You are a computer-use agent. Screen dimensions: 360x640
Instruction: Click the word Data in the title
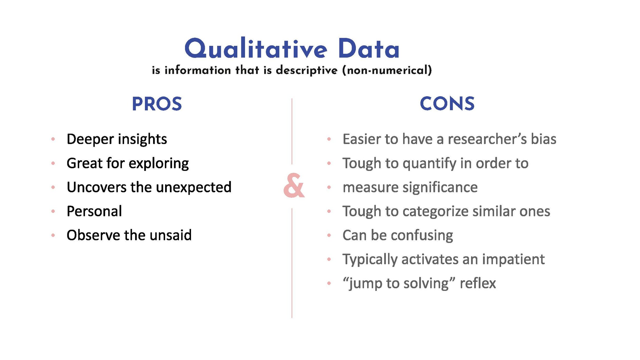pyautogui.click(x=369, y=49)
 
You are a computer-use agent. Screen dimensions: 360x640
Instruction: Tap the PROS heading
pyautogui.click(x=157, y=104)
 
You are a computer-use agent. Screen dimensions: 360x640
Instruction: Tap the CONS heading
pyautogui.click(x=447, y=104)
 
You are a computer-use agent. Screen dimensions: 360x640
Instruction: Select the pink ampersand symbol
pyautogui.click(x=294, y=186)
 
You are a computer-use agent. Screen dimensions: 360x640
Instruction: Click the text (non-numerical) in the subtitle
pyautogui.click(x=387, y=70)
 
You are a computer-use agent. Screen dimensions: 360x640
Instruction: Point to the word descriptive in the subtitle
pyautogui.click(x=307, y=70)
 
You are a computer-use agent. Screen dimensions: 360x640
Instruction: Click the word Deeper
pyautogui.click(x=90, y=140)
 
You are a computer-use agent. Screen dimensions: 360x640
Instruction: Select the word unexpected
pyautogui.click(x=194, y=187)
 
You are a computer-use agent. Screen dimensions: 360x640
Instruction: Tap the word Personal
pyautogui.click(x=94, y=211)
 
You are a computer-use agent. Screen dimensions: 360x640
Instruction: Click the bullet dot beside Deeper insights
pyautogui.click(x=53, y=139)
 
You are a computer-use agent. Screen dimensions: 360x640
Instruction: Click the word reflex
pyautogui.click(x=478, y=283)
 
